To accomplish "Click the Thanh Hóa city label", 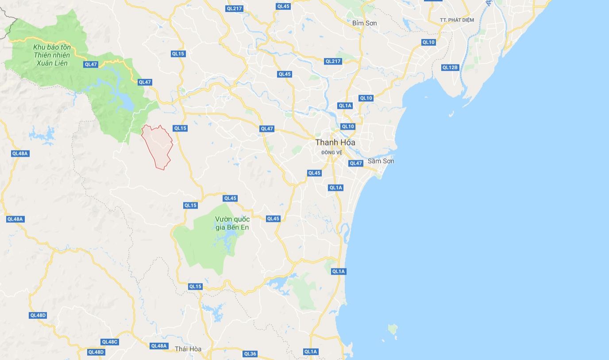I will [335, 143].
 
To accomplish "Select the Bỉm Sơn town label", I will [365, 23].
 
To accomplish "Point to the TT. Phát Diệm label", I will [457, 20].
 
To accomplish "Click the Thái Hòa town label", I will [188, 349].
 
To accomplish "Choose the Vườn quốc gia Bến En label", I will [232, 223].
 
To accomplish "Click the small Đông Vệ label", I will [332, 152].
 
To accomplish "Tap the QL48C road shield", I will [110, 342].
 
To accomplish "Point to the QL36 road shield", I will [250, 354].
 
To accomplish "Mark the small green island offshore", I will [392, 329].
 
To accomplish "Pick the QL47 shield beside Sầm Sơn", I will [356, 163].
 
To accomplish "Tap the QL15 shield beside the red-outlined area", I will [180, 128].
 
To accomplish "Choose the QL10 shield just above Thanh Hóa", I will [347, 127].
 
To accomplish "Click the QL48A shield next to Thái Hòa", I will [159, 346].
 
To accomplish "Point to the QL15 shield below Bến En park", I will [195, 286].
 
